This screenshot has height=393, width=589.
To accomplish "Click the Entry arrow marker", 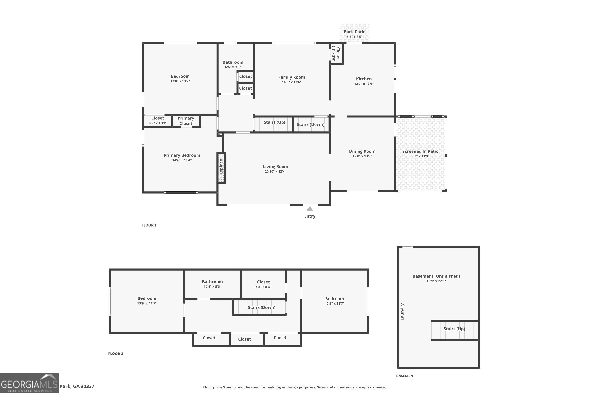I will (310, 209).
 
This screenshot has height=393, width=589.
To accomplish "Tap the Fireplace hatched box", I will (221, 168).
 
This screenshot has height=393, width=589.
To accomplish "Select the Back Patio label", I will (354, 32).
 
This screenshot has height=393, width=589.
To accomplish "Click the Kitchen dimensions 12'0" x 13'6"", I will (364, 84).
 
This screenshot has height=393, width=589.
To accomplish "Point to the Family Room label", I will (292, 77).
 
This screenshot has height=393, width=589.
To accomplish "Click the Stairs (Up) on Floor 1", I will (274, 122).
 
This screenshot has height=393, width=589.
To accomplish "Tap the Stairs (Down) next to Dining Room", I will (310, 124).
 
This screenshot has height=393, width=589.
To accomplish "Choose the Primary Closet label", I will (186, 121).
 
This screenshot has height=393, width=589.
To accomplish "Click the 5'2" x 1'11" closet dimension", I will (157, 123).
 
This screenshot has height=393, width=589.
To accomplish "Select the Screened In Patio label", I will (420, 151).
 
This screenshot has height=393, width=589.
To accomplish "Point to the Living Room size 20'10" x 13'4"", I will (275, 171).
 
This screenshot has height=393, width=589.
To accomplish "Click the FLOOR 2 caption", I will (115, 354).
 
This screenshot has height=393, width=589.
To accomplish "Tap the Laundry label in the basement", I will (402, 311).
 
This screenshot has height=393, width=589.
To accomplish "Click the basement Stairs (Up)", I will (454, 329).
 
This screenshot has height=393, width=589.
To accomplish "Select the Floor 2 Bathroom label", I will (212, 282).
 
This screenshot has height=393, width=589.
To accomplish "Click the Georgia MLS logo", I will (29, 383).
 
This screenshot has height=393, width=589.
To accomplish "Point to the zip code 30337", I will (87, 386).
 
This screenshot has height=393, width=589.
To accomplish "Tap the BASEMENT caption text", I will (405, 376).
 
